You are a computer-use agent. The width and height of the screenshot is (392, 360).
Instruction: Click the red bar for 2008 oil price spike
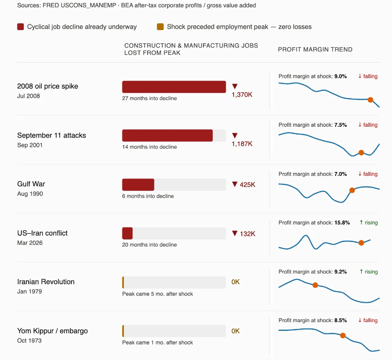[174, 86]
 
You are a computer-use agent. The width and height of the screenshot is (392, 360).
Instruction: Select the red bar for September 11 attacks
[167, 136]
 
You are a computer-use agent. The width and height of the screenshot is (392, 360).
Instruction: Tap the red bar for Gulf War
[138, 185]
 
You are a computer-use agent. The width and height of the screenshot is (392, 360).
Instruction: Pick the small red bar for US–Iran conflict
[127, 233]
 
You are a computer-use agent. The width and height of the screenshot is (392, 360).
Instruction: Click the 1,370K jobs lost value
[242, 95]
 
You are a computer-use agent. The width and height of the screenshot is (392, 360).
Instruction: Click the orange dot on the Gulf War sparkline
[352, 190]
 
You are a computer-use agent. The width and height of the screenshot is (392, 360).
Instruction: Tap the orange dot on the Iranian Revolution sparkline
[315, 285]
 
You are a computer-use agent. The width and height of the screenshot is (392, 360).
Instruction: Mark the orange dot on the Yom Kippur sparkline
[343, 335]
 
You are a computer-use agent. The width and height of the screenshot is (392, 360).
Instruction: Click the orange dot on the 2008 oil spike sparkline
[370, 100]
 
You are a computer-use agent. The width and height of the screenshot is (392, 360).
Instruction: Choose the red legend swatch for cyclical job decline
[20, 27]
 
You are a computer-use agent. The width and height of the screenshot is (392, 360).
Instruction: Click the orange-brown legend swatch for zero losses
[160, 27]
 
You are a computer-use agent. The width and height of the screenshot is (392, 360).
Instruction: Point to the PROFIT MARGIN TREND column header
[315, 50]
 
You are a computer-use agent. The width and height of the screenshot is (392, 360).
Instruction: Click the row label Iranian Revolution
[46, 282]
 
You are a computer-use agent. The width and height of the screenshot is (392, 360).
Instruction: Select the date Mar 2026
[30, 243]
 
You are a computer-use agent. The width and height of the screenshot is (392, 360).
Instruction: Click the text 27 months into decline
[149, 98]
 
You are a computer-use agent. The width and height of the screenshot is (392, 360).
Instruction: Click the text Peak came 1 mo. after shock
[157, 343]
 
